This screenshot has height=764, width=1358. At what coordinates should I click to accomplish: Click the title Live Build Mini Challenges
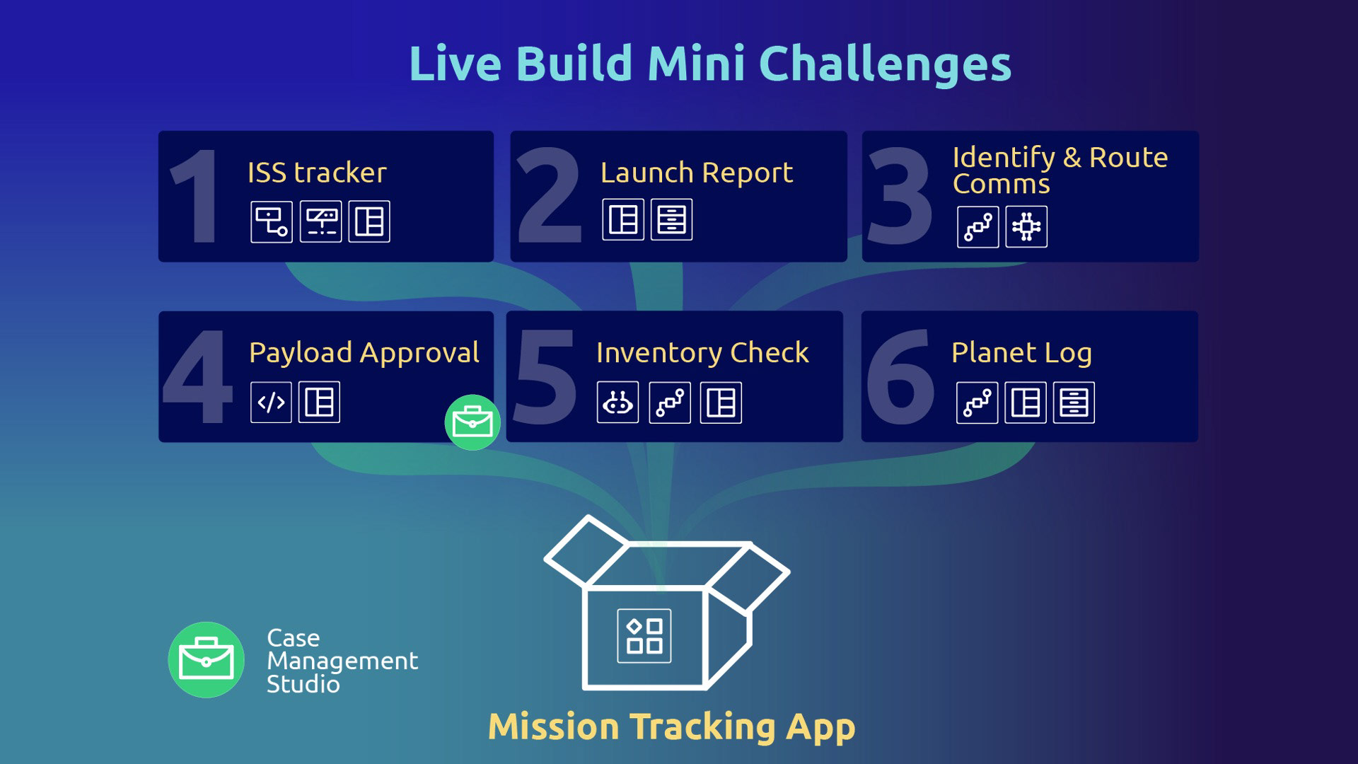pyautogui.click(x=709, y=64)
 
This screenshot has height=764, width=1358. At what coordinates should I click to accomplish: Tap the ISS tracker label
pyautogui.click(x=317, y=173)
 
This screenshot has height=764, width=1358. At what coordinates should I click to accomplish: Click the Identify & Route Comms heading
pyautogui.click(x=1059, y=170)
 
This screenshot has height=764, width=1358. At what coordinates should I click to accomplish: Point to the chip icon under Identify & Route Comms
pyautogui.click(x=1026, y=227)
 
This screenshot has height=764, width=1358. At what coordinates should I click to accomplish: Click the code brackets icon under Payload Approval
pyautogui.click(x=271, y=403)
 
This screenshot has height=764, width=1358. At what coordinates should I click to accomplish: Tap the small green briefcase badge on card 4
pyautogui.click(x=472, y=422)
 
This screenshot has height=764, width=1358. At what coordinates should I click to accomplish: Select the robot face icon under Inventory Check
pyautogui.click(x=617, y=403)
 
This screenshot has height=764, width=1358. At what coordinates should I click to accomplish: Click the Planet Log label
pyautogui.click(x=1021, y=352)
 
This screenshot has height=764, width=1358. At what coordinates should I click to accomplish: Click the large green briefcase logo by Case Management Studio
pyautogui.click(x=207, y=660)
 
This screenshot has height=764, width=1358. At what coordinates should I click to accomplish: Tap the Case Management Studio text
pyautogui.click(x=342, y=661)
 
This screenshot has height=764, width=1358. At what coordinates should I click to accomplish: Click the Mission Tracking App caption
pyautogui.click(x=671, y=727)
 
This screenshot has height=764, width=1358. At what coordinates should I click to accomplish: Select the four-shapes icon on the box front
pyautogui.click(x=644, y=636)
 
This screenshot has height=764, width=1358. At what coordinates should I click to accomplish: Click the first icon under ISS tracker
pyautogui.click(x=271, y=221)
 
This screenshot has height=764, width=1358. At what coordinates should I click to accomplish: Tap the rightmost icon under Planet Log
pyautogui.click(x=1074, y=403)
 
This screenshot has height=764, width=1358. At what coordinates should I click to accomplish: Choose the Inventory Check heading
pyautogui.click(x=702, y=352)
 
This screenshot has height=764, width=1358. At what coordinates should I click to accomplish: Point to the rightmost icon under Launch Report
pyautogui.click(x=671, y=219)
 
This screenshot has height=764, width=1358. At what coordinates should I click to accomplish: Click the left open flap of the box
pyautogui.click(x=586, y=550)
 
